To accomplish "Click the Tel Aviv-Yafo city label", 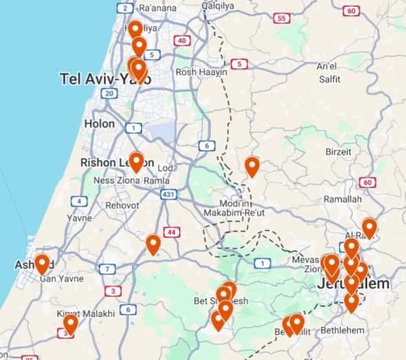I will [x=105, y=79].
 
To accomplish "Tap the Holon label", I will [x=99, y=123].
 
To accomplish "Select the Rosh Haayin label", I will [x=197, y=73].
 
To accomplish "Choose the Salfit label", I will [x=329, y=79].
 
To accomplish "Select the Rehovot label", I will [x=123, y=205].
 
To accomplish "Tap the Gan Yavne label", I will [x=61, y=278].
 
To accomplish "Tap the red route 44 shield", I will [x=172, y=232].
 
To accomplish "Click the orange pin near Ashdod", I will [x=41, y=265].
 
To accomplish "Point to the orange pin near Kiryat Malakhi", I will [x=70, y=324].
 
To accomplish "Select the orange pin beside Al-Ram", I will [x=369, y=227].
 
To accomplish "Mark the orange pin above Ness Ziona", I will [x=136, y=161].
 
